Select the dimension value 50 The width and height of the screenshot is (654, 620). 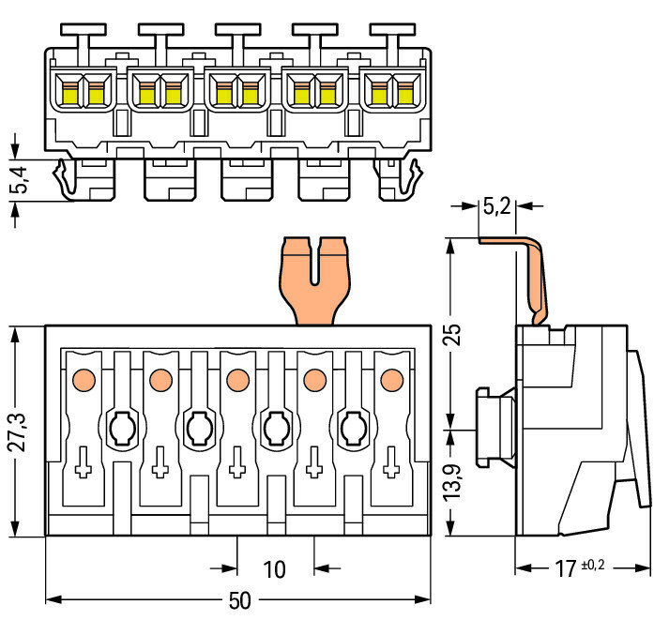point(240,601)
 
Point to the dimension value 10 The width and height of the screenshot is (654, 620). point(274,568)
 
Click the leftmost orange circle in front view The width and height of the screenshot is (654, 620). point(83,380)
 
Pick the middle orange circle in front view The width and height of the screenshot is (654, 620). point(236,380)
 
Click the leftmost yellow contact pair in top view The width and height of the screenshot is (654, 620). point(83,92)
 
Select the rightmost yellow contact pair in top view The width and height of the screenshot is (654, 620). point(391,92)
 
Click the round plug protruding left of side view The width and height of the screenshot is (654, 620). point(494,427)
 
